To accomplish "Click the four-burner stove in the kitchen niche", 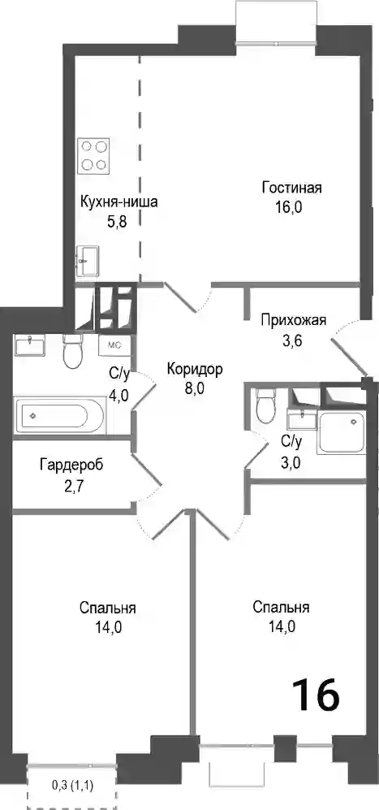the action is click(93, 155).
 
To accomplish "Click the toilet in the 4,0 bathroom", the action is click(73, 351).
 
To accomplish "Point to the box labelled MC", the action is click(114, 345).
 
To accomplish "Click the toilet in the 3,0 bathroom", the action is click(267, 406).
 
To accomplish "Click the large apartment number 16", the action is click(316, 695).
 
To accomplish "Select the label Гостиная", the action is click(291, 188).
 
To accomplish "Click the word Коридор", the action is click(195, 370).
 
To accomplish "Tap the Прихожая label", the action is click(293, 320).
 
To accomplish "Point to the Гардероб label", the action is click(71, 465).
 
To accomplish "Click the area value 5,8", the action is click(117, 222).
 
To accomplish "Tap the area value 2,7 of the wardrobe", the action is click(71, 485).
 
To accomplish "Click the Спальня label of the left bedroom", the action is click(108, 608).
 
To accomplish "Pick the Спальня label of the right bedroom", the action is click(282, 608).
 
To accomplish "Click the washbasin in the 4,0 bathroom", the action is click(30, 344).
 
